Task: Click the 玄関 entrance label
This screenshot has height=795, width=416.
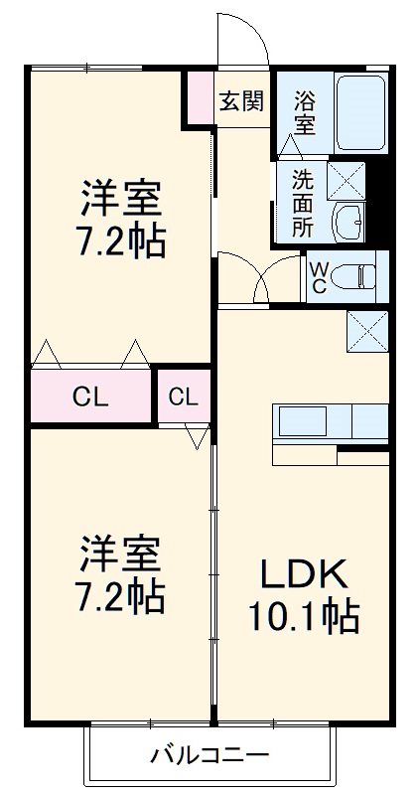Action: coord(241,100)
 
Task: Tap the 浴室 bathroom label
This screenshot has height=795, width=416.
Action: coord(304,112)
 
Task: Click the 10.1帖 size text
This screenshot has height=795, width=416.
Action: coord(304,618)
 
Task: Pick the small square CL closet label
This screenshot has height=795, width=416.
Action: coord(183,397)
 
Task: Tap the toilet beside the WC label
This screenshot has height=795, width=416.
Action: coord(357,275)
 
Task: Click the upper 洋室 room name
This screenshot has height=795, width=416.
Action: coord(119,196)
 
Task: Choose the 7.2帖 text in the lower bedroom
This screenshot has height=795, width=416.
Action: coord(119,596)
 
